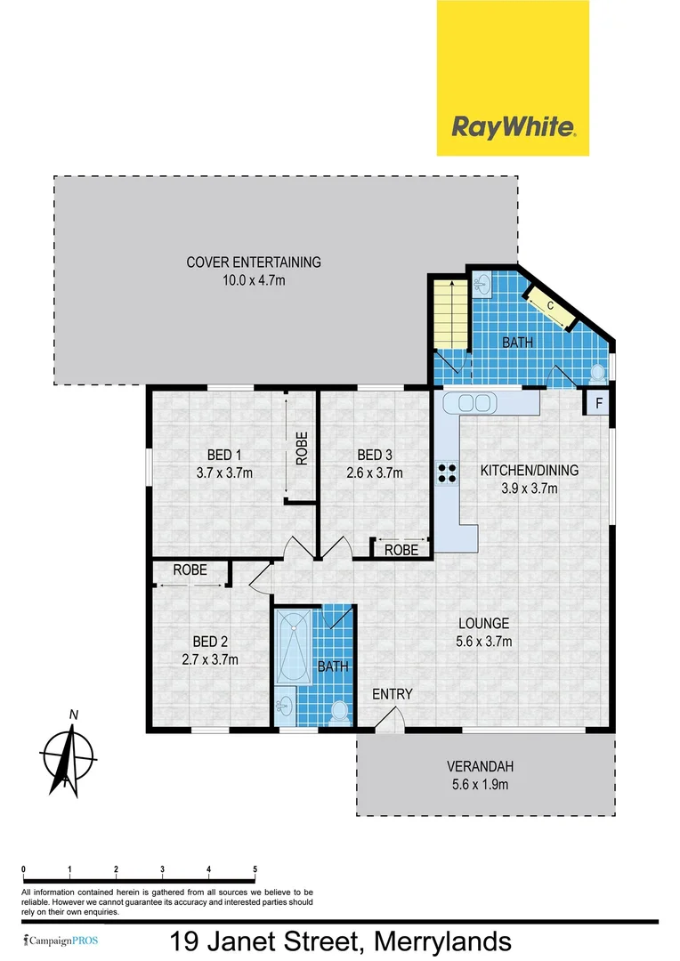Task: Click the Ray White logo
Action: point(513,78)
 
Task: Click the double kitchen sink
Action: point(474,402)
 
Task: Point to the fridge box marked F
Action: point(598,403)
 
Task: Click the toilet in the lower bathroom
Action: point(337,710)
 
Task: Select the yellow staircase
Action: point(449,314)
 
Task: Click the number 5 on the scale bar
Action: point(255,869)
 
